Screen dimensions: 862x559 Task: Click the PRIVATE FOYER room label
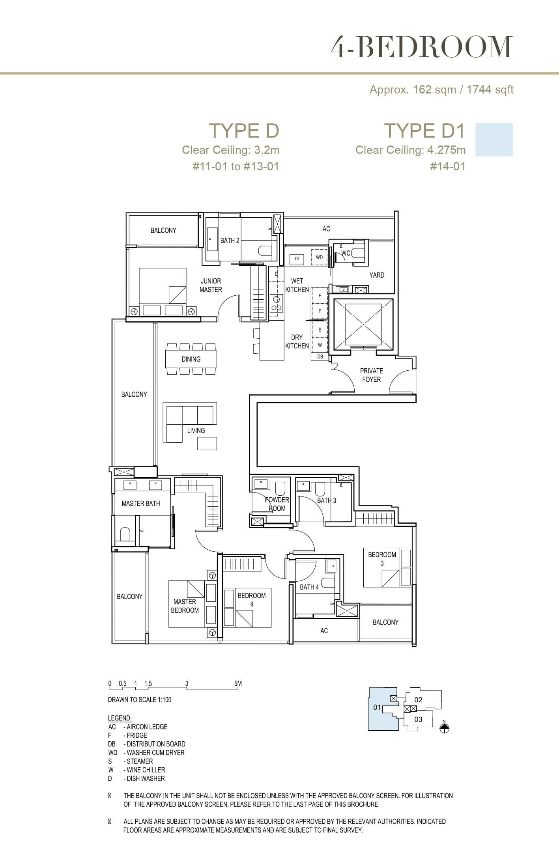pyautogui.click(x=371, y=375)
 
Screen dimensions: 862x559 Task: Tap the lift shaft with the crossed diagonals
pyautogui.click(x=363, y=324)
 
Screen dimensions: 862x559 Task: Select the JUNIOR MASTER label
pyautogui.click(x=211, y=285)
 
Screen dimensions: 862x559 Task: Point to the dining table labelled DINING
pyautogui.click(x=191, y=359)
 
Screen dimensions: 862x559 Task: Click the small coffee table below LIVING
pyautogui.click(x=207, y=444)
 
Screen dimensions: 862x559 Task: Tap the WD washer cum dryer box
pyautogui.click(x=319, y=257)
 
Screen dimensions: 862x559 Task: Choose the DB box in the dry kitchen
pyautogui.click(x=320, y=356)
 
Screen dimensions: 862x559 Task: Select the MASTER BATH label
pyautogui.click(x=141, y=504)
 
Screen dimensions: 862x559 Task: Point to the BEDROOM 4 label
pyautogui.click(x=252, y=599)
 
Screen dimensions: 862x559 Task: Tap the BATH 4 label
pyautogui.click(x=309, y=587)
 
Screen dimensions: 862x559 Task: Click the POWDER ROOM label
pyautogui.click(x=277, y=504)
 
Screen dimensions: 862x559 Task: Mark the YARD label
pyautogui.click(x=377, y=275)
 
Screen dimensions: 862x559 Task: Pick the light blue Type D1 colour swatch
pyautogui.click(x=494, y=140)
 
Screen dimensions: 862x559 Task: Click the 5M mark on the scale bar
pyautogui.click(x=238, y=684)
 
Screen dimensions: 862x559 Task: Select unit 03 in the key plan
pyautogui.click(x=418, y=719)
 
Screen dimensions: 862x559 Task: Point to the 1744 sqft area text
pyautogui.click(x=490, y=90)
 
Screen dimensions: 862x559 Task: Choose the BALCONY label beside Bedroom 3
pyautogui.click(x=385, y=622)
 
